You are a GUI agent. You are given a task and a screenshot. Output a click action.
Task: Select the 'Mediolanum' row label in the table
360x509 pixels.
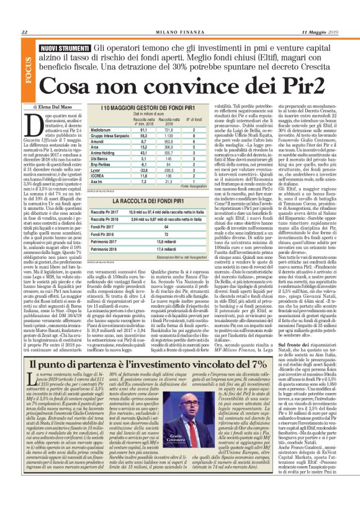(x=101, y=129)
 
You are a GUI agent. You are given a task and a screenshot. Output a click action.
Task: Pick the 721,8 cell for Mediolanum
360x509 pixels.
(x=167, y=129)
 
